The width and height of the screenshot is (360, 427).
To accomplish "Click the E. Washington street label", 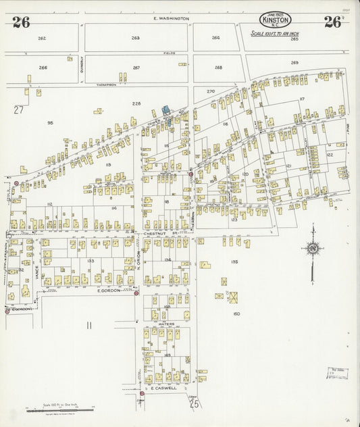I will click(x=170, y=19).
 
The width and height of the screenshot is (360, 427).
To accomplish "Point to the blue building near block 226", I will click(x=165, y=109).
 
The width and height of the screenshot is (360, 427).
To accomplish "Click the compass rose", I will click(x=312, y=249).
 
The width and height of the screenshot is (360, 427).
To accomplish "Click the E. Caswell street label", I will click(x=163, y=388).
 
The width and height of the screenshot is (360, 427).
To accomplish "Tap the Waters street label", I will click(x=166, y=324).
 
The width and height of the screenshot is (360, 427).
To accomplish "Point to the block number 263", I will click(x=136, y=39).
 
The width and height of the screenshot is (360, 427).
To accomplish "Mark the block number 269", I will click(x=294, y=63).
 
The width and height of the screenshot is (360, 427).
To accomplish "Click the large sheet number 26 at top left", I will click(x=21, y=22).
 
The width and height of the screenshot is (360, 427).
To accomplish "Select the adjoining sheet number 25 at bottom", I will click(x=195, y=404).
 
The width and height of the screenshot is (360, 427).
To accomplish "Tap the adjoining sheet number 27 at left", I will click(x=18, y=109).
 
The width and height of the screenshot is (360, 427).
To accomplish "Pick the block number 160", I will click(x=236, y=313).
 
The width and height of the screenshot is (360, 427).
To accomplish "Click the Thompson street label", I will click(x=106, y=85).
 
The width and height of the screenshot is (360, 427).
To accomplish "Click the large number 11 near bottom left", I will click(x=88, y=326).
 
